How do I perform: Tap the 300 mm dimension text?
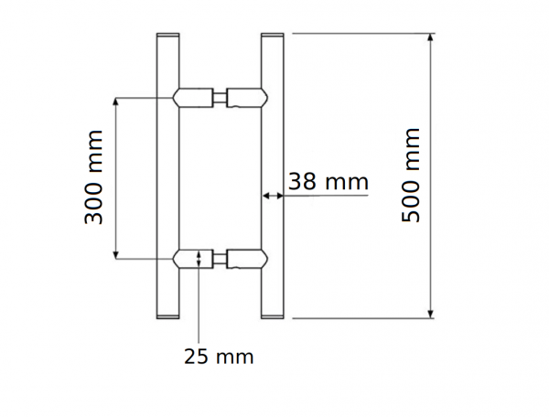coord(92,177)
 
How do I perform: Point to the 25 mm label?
coord(217,356)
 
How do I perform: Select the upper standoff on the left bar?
coord(193,96)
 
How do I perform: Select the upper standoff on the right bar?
coord(247,96)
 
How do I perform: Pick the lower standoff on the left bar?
coord(193,259)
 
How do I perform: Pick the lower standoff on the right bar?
coord(247,259)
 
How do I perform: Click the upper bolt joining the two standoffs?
coord(220,96)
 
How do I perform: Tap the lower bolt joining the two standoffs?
coord(220,259)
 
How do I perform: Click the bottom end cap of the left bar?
coord(169,316)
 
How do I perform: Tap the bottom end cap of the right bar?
coord(274,316)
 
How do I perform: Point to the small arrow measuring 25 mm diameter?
coord(200,259)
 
